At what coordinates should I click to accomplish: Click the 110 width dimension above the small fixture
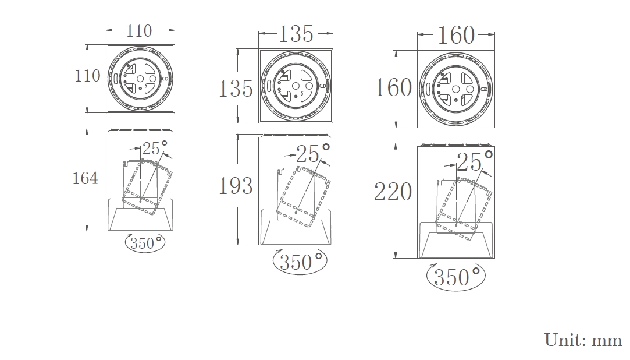[139, 31]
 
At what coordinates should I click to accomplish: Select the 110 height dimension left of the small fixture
[87, 76]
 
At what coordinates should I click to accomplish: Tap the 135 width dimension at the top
[296, 34]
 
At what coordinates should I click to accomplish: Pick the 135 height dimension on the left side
[236, 89]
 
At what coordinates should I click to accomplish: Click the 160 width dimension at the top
[455, 35]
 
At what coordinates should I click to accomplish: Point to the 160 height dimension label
[393, 88]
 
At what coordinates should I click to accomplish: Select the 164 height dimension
[85, 178]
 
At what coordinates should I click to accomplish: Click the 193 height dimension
[236, 186]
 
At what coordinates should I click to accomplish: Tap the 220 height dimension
[393, 192]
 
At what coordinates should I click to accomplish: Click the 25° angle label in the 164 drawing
[155, 148]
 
